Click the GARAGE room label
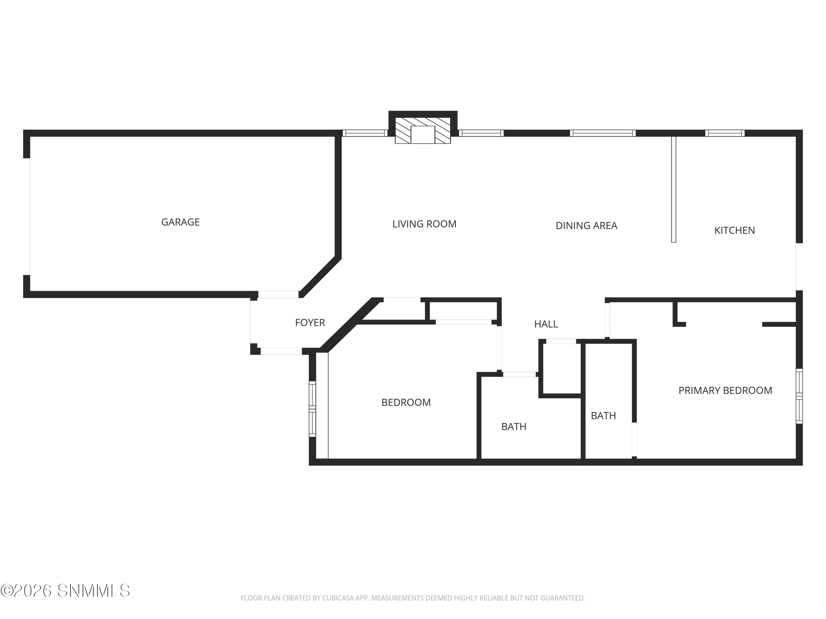pyautogui.click(x=180, y=222)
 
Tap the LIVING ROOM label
pyautogui.click(x=424, y=224)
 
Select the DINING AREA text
pyautogui.click(x=586, y=225)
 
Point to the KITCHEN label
pyautogui.click(x=734, y=230)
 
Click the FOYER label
pyautogui.click(x=310, y=322)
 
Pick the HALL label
pyautogui.click(x=546, y=324)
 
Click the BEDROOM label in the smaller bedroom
pyautogui.click(x=406, y=402)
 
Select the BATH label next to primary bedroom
pyautogui.click(x=603, y=415)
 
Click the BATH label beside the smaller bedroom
pyautogui.click(x=514, y=426)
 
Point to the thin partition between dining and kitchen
pyautogui.click(x=673, y=189)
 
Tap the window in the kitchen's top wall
pyautogui.click(x=724, y=133)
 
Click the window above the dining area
pyautogui.click(x=602, y=133)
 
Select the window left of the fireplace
pyautogui.click(x=365, y=133)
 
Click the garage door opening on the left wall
pyautogui.click(x=26, y=217)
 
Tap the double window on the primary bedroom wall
pyautogui.click(x=799, y=396)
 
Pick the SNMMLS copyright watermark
pyautogui.click(x=65, y=591)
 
